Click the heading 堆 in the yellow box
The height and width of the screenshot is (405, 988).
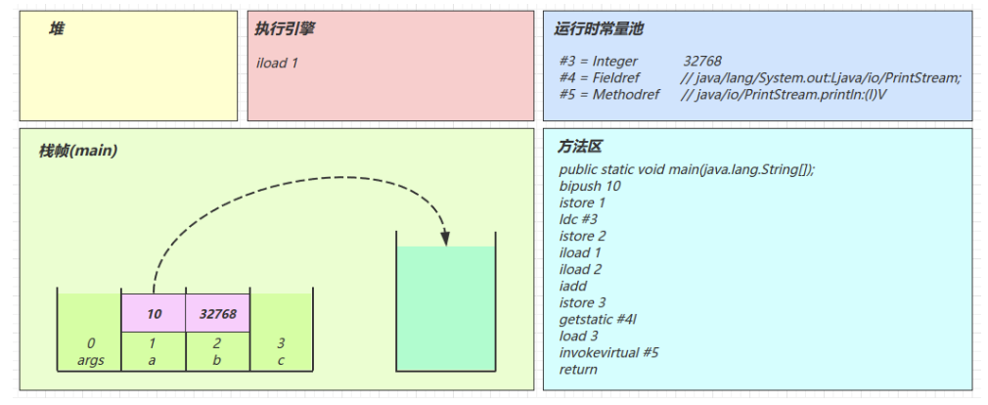coord(57,29)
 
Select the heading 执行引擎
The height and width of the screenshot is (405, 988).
coord(285,29)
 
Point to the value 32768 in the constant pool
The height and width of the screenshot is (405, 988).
coord(702,62)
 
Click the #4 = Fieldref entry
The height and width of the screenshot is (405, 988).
coord(599,77)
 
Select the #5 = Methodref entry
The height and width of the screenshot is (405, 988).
coord(604,94)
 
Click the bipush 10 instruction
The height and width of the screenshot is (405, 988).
coord(590,186)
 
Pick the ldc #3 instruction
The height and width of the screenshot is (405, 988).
coord(579,219)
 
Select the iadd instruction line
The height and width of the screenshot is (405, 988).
coord(573,286)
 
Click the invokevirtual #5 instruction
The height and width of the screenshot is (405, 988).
coord(608,352)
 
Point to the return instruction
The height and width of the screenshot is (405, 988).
coord(578,369)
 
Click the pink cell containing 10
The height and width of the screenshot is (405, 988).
coord(154,314)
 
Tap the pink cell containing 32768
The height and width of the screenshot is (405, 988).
coord(217,314)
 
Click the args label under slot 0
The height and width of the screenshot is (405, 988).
coord(91,360)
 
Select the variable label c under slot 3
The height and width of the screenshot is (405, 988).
coord(281,360)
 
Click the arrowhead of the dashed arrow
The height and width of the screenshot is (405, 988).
coord(445,237)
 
